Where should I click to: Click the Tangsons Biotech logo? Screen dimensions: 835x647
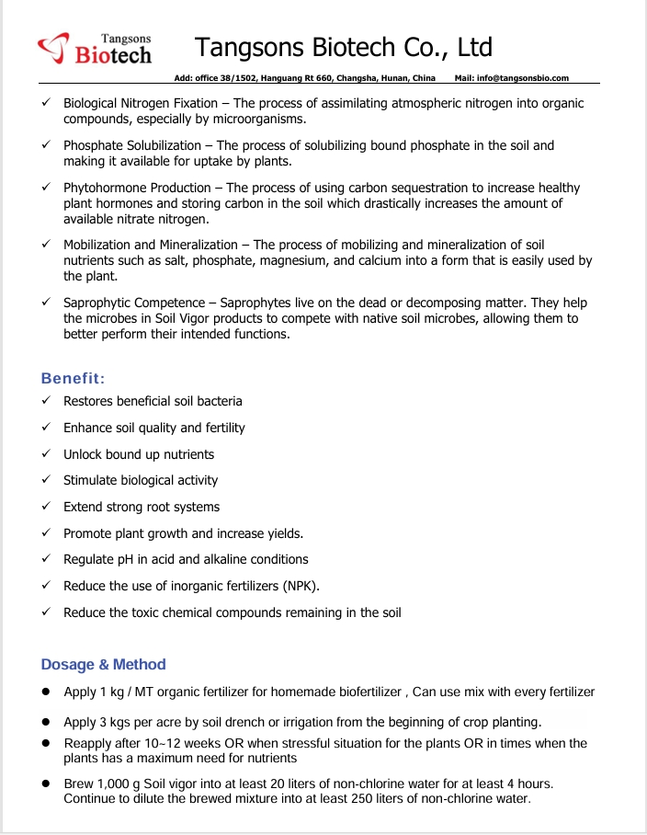coord(95,49)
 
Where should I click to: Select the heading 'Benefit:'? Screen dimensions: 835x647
coord(73,378)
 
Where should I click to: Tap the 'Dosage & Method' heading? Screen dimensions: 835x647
coord(104,664)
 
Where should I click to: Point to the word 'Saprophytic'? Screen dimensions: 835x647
coord(97,303)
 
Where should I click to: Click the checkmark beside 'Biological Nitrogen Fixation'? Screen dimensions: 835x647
coord(46,104)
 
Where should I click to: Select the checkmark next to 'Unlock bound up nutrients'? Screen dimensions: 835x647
coord(46,454)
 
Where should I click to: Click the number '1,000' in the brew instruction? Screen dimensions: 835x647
coord(114,784)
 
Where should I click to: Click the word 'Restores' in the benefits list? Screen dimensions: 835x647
coord(88,401)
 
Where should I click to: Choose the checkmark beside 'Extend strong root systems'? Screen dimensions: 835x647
coord(46,507)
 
